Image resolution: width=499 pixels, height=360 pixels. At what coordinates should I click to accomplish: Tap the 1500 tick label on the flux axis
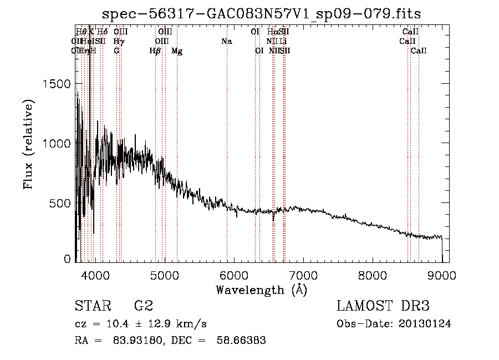(x=57, y=84)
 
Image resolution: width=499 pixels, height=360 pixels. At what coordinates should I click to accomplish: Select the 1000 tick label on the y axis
(x=57, y=143)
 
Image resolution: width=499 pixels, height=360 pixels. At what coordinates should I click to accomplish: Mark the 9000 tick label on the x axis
(x=442, y=275)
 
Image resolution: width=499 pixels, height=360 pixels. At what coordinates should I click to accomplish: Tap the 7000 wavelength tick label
(x=303, y=275)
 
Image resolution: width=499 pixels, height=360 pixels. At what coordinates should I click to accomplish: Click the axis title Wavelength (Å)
(x=261, y=290)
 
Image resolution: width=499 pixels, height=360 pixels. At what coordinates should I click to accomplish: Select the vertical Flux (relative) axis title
(x=28, y=144)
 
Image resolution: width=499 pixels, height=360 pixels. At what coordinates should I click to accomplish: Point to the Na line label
(x=226, y=42)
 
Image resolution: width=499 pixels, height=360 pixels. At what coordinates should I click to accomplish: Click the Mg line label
(x=177, y=51)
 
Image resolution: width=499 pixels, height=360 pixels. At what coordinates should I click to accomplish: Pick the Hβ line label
(x=155, y=51)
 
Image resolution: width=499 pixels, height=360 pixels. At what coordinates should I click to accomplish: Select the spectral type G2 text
(x=143, y=306)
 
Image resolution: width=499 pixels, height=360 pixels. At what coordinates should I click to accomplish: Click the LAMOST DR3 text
(x=383, y=306)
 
